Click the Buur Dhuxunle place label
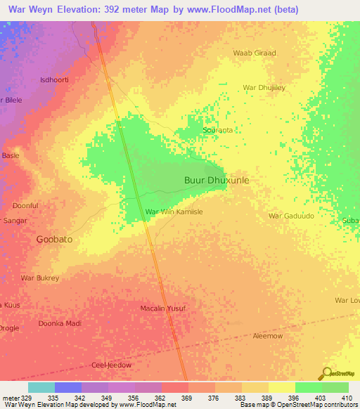pyautogui.click(x=217, y=180)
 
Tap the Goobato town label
pyautogui.click(x=54, y=239)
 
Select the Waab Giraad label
pyautogui.click(x=255, y=53)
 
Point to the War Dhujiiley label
pyautogui.click(x=264, y=87)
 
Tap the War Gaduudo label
pyautogui.click(x=291, y=216)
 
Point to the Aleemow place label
pyautogui.click(x=267, y=336)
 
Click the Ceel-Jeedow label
pyautogui.click(x=112, y=365)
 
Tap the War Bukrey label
pyautogui.click(x=40, y=278)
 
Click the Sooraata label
pyautogui.click(x=217, y=131)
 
